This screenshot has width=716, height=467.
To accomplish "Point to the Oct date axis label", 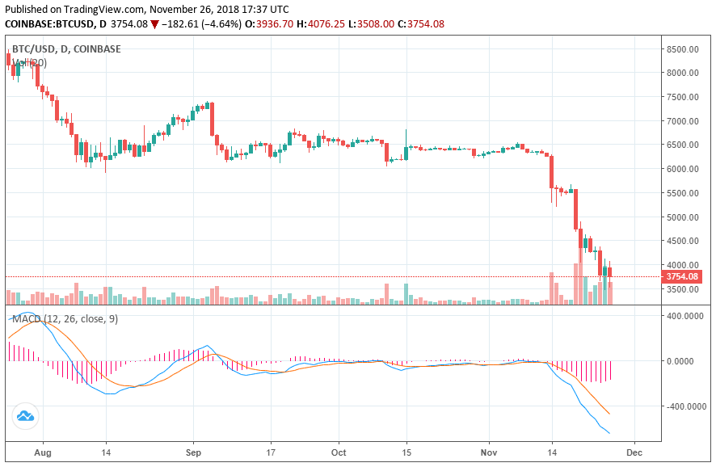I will pos(340,454).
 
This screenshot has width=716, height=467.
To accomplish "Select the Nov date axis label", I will pos(489,454).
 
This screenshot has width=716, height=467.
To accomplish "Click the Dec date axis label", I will pos(634,454).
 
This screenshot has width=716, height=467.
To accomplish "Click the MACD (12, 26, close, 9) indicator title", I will pos(65,319).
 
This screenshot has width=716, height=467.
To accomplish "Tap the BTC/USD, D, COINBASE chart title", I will pos(66,49).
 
